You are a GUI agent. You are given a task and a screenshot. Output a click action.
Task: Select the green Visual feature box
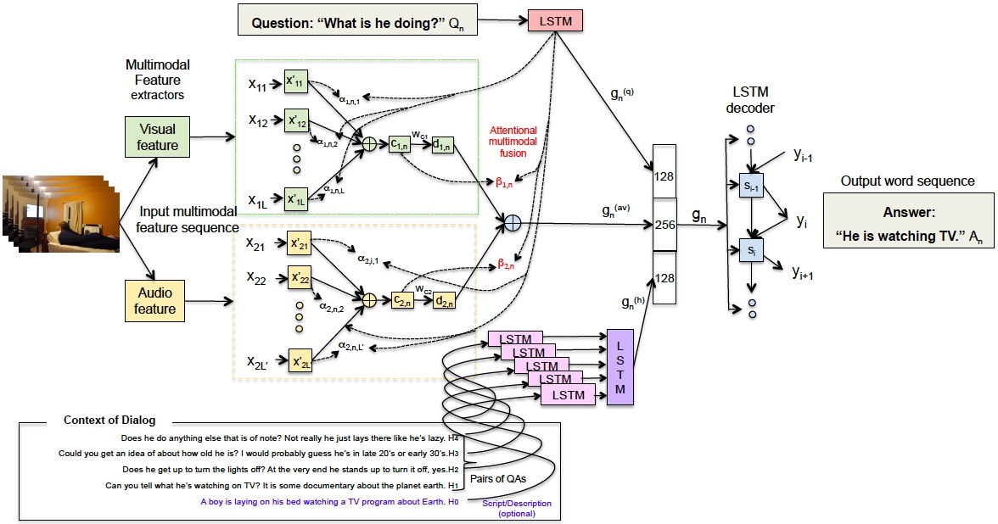pos(158,137)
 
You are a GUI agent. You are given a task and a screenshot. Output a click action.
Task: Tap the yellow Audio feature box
pos(154,301)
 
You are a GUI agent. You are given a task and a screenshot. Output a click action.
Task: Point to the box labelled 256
pos(664,225)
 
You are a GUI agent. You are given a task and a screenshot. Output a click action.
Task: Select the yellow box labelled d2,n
pos(444,299)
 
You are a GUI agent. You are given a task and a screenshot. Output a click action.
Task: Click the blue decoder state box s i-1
pos(750,184)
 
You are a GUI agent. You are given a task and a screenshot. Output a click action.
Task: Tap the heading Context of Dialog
pos(109,421)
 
